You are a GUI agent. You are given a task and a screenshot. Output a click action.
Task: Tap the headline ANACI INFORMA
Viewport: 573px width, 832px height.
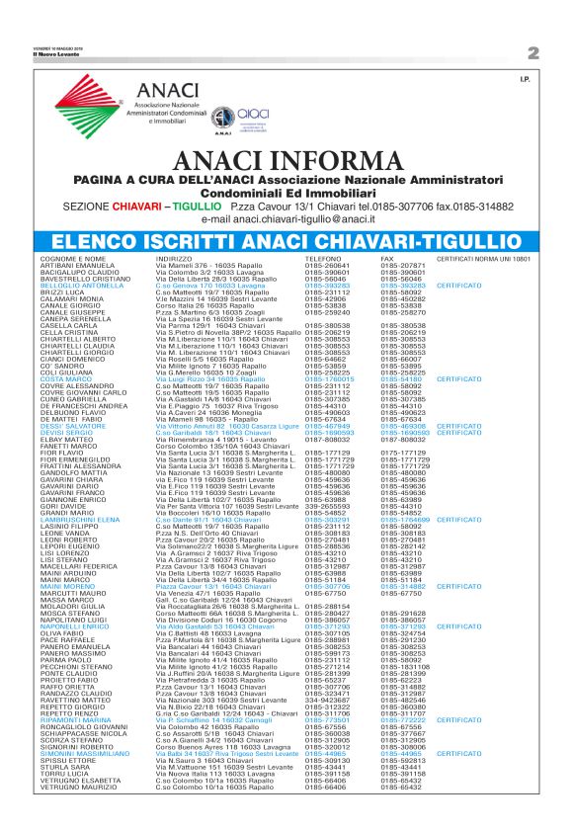[x=286, y=161]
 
